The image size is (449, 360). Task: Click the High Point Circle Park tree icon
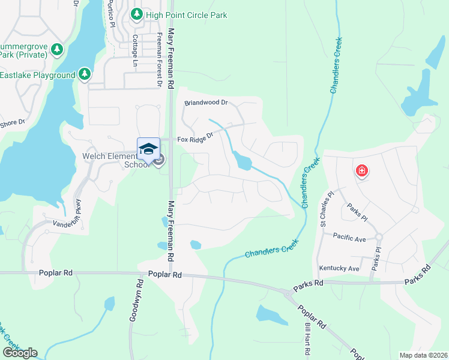coord(137,14)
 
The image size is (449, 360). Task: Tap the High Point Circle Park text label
coord(187,15)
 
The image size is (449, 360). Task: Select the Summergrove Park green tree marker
coord(57,49)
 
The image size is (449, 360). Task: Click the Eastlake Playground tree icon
coord(85,74)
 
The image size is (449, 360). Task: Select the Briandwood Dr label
coord(206,103)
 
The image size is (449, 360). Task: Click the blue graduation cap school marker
coord(148,149)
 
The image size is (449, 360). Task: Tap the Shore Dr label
coord(13,123)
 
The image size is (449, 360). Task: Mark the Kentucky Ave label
coord(339,268)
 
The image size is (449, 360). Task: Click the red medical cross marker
coord(361,171)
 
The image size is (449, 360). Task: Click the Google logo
coord(20,352)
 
